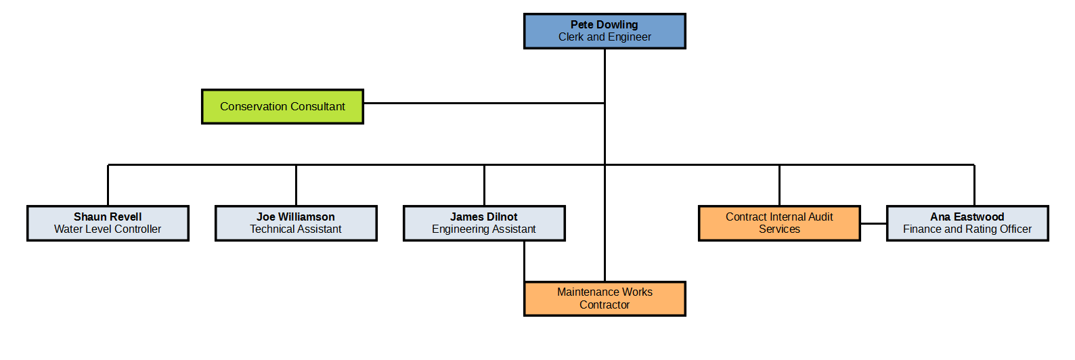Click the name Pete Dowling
604,24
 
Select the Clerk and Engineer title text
605,37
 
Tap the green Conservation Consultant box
282,106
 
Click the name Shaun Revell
108,217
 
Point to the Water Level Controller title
108,229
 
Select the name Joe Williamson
296,217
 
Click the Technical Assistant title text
296,229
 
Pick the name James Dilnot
484,217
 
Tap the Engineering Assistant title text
484,229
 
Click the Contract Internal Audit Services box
779,223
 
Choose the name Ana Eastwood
967,217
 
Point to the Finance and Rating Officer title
967,229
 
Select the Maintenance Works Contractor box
605,298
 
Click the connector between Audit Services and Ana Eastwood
873,223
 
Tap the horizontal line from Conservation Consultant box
483,104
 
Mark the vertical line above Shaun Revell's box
108,185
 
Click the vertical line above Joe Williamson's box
296,185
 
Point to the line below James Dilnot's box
525,261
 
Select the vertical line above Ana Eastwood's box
974,185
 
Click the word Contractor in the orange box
605,305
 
